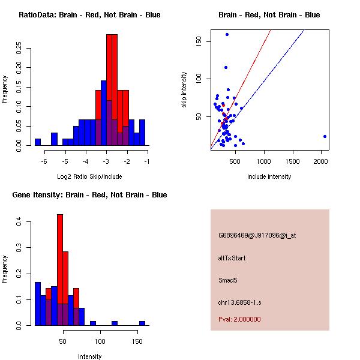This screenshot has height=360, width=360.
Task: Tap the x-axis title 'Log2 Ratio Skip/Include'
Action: point(89,176)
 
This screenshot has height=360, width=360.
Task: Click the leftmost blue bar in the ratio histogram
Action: point(38,142)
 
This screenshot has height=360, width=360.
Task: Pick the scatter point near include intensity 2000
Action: point(325,136)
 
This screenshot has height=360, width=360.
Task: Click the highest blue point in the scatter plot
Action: point(227,34)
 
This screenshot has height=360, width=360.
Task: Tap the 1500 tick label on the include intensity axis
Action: point(292,161)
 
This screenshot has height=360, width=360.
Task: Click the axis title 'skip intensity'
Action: point(184,90)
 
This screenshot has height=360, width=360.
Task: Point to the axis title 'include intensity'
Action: point(269,176)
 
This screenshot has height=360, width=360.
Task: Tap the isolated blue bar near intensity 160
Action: point(142,323)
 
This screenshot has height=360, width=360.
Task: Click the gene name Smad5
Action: point(228,280)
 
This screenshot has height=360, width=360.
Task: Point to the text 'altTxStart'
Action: point(232,258)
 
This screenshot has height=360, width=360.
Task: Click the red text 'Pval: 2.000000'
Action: point(239,319)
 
